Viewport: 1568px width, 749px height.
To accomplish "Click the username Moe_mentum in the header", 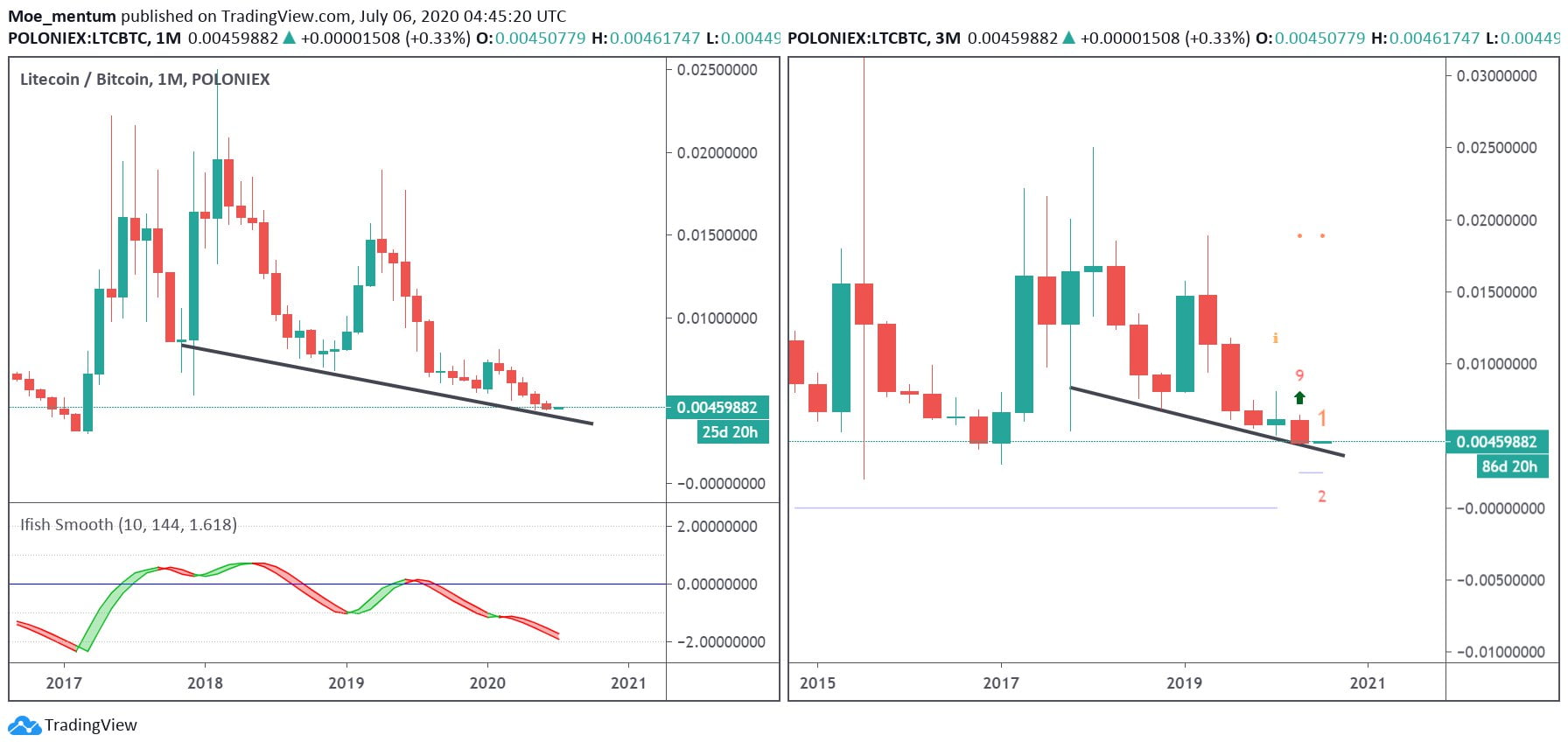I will click(x=62, y=16).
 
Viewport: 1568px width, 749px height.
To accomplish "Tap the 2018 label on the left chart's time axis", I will click(x=205, y=682).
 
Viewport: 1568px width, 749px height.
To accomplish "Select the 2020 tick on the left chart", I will click(x=487, y=682).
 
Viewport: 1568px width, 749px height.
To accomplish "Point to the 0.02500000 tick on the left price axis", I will click(x=717, y=70).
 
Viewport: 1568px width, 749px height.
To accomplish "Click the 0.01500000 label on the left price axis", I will click(x=717, y=235).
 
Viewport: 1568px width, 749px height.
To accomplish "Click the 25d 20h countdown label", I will click(x=730, y=432).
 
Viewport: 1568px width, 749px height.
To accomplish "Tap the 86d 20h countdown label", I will click(x=1509, y=466).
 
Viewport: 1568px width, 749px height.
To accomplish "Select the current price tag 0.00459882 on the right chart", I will click(x=1496, y=442).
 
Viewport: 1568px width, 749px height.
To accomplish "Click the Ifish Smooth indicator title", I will click(x=128, y=525).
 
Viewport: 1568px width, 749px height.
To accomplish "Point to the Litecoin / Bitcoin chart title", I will click(x=144, y=79).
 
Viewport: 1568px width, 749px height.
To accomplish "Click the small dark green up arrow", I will click(x=1299, y=398).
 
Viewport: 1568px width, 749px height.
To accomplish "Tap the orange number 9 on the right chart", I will click(x=1299, y=375).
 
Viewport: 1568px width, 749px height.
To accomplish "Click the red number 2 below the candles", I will click(x=1321, y=496).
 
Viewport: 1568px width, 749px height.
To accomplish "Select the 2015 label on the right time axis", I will click(x=817, y=682).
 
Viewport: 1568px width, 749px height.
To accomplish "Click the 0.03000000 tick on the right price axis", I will click(x=1496, y=76).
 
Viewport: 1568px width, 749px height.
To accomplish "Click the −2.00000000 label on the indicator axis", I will click(x=717, y=642).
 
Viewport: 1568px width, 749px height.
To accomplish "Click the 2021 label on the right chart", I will click(x=1368, y=682).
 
